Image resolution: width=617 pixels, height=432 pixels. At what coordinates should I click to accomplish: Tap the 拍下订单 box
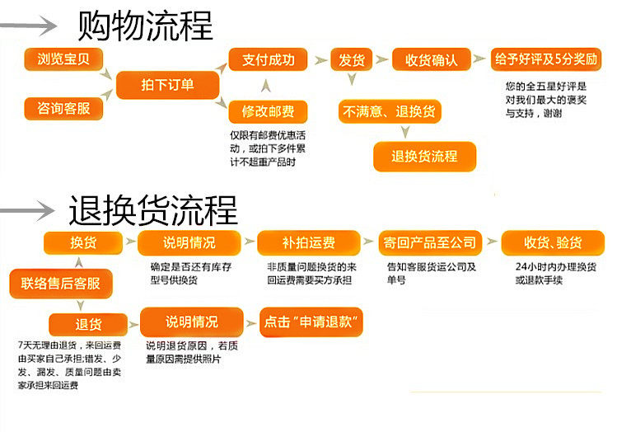tap(167, 85)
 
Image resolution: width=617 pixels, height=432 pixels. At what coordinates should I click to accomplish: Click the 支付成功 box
tap(267, 60)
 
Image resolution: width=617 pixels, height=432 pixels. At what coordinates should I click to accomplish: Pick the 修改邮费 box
tap(267, 111)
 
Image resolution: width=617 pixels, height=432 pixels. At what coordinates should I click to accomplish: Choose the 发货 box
tap(352, 60)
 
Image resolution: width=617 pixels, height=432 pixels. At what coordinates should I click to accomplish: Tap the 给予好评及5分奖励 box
tap(546, 59)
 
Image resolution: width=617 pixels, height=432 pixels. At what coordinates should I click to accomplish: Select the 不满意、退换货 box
tap(390, 111)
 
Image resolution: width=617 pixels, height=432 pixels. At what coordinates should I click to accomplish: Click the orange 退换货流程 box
tap(424, 155)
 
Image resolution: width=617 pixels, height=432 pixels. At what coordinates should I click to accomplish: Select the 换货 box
tap(82, 242)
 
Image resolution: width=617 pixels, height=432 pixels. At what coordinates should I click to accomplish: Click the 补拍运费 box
tap(308, 242)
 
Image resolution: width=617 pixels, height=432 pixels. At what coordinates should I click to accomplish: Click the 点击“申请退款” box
tap(311, 321)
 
